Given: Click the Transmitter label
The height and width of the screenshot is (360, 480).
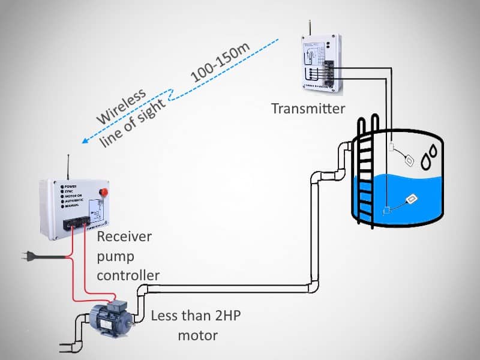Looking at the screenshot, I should point(308,109).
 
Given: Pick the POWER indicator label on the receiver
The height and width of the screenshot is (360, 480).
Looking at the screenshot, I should point(73,186).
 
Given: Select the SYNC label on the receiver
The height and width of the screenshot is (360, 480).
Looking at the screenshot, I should point(71,191).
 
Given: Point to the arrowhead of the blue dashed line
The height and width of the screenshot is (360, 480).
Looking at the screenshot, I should point(85,142).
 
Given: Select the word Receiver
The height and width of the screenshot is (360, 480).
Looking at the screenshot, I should point(124,236).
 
